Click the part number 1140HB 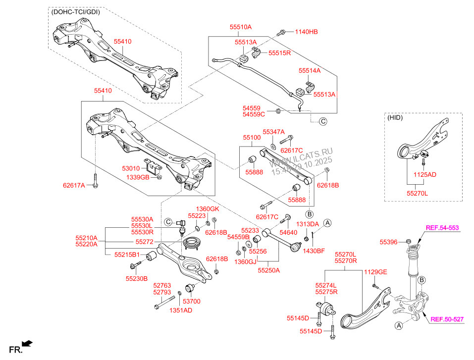coord(306,32)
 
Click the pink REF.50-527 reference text coord(446,319)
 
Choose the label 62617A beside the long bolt coord(74,185)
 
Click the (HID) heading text coord(395,118)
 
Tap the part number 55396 coord(389,242)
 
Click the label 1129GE coord(375,272)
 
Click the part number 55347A coord(274,132)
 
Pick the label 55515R coord(279,52)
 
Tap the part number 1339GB coord(137,177)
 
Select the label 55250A coord(269,271)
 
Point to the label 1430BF coord(314,251)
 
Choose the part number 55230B coord(136,279)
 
